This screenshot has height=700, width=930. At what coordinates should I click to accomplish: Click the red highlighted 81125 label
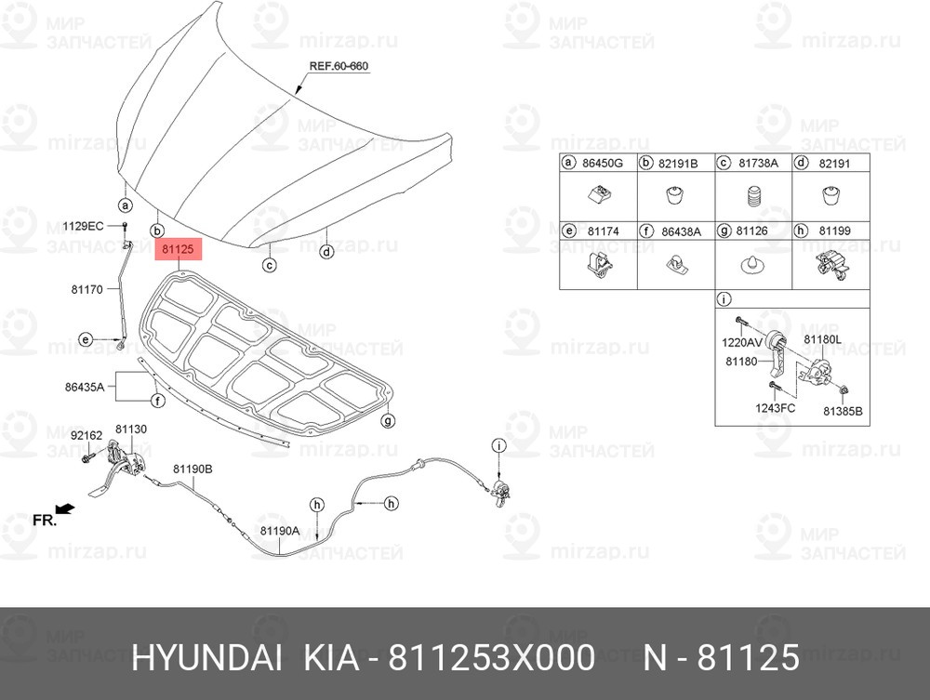pyautogui.click(x=178, y=249)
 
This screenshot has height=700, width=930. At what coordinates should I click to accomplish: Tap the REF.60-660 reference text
pyautogui.click(x=339, y=66)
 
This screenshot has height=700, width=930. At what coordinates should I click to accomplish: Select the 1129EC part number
pyautogui.click(x=83, y=226)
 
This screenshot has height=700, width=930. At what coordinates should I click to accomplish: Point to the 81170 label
pyautogui.click(x=86, y=289)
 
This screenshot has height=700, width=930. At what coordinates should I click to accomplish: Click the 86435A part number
pyautogui.click(x=85, y=388)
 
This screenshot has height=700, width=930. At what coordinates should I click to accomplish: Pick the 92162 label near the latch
pyautogui.click(x=86, y=436)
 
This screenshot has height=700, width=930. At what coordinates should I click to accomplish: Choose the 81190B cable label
pyautogui.click(x=193, y=469)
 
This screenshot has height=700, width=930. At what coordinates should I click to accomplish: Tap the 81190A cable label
pyautogui.click(x=280, y=531)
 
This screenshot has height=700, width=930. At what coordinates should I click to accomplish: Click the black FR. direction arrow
pyautogui.click(x=65, y=508)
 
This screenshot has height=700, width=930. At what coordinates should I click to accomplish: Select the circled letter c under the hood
pyautogui.click(x=270, y=265)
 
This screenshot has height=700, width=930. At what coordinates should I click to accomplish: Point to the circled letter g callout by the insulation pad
pyautogui.click(x=387, y=421)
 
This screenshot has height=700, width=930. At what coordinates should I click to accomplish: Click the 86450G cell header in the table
pyautogui.click(x=598, y=163)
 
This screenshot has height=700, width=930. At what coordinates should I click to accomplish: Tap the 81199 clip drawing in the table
pyautogui.click(x=831, y=265)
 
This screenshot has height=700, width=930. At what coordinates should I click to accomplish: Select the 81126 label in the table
pyautogui.click(x=751, y=231)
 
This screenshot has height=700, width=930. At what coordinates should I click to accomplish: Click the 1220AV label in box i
pyautogui.click(x=742, y=343)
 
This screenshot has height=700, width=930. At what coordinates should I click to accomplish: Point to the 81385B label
pyautogui.click(x=843, y=411)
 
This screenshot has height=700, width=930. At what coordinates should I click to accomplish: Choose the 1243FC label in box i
pyautogui.click(x=776, y=408)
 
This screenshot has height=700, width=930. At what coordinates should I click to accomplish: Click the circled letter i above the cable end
pyautogui.click(x=499, y=445)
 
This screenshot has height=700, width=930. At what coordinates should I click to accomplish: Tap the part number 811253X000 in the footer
pyautogui.click(x=491, y=658)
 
